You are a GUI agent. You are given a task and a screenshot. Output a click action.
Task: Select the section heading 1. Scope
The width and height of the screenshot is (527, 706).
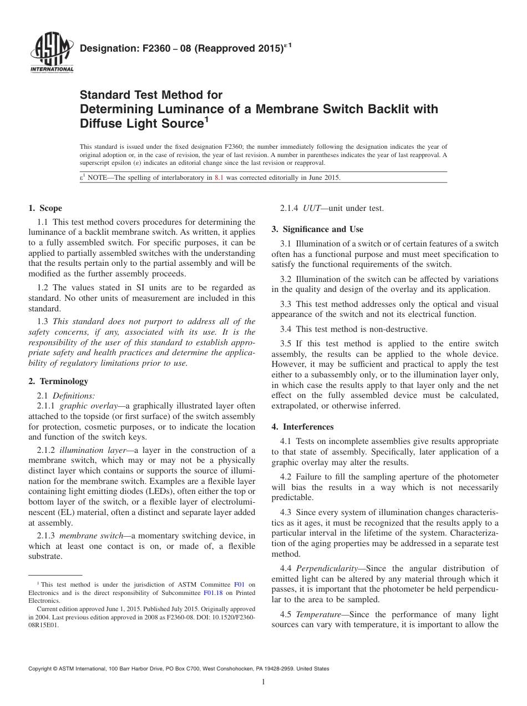click(45, 208)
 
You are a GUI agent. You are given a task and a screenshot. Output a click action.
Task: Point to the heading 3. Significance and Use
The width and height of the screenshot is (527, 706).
click(317, 229)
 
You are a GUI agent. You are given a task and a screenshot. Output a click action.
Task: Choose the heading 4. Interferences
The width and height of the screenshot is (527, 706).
click(302, 427)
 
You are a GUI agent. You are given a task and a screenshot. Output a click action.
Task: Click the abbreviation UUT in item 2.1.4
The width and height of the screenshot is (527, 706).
click(311, 208)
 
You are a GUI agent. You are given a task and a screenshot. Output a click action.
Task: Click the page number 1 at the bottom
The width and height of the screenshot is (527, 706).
click(263, 682)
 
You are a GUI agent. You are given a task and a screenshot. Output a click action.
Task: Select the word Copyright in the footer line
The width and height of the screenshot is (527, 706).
click(42, 669)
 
